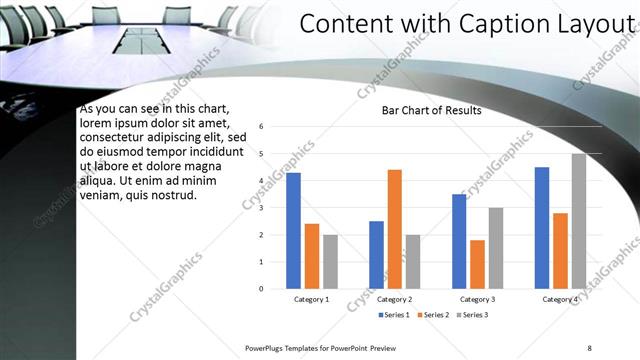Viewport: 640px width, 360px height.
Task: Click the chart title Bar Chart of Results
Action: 432,110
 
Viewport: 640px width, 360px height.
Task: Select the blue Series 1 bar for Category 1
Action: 293,231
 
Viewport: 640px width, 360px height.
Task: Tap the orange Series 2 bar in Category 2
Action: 394,229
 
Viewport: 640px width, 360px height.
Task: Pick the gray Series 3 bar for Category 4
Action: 579,221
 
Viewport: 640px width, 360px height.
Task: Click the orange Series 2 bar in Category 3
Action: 477,264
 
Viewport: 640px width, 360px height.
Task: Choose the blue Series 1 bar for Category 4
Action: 542,228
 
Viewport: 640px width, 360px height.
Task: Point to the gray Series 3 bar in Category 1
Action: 330,262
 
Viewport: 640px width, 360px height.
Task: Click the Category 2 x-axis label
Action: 394,300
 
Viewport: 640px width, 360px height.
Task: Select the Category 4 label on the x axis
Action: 560,300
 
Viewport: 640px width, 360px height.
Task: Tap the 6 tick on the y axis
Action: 260,127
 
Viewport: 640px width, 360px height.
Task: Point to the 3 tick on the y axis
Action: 260,208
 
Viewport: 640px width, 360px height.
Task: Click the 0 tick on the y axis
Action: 260,289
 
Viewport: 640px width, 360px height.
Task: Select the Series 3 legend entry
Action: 474,315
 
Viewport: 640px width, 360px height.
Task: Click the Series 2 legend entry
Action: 435,315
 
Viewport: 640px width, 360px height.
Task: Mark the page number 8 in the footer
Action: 589,347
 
